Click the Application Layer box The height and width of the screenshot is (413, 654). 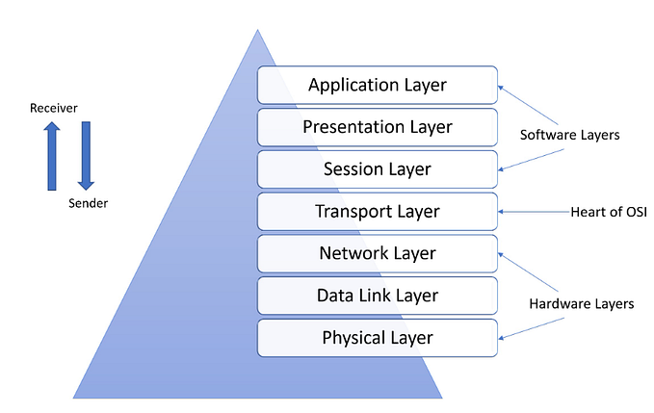tap(378, 85)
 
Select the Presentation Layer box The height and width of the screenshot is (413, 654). tap(378, 126)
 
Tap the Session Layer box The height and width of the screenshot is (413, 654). tap(378, 168)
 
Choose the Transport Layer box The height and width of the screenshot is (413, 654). tap(378, 211)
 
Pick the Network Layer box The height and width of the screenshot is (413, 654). tap(378, 253)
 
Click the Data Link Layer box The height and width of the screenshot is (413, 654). tap(378, 296)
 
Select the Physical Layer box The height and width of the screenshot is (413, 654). tap(378, 338)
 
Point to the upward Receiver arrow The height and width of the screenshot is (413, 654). tap(52, 155)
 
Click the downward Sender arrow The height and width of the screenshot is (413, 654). tap(86, 155)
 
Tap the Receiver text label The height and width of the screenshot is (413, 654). tap(52, 109)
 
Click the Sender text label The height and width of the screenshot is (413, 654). tap(90, 204)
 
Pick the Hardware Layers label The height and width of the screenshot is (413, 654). tap(582, 303)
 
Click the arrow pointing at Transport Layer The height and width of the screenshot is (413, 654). tap(529, 211)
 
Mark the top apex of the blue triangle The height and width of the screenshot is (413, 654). tap(257, 30)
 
